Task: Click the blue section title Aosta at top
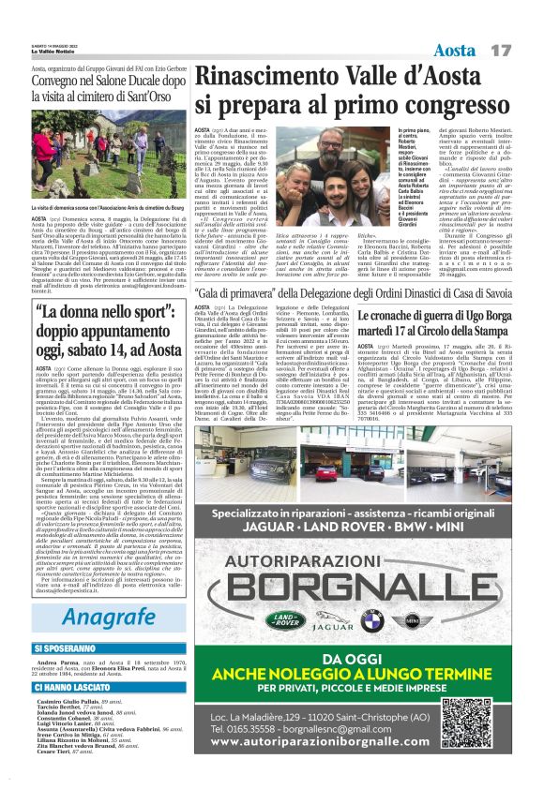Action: click(x=454, y=48)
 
